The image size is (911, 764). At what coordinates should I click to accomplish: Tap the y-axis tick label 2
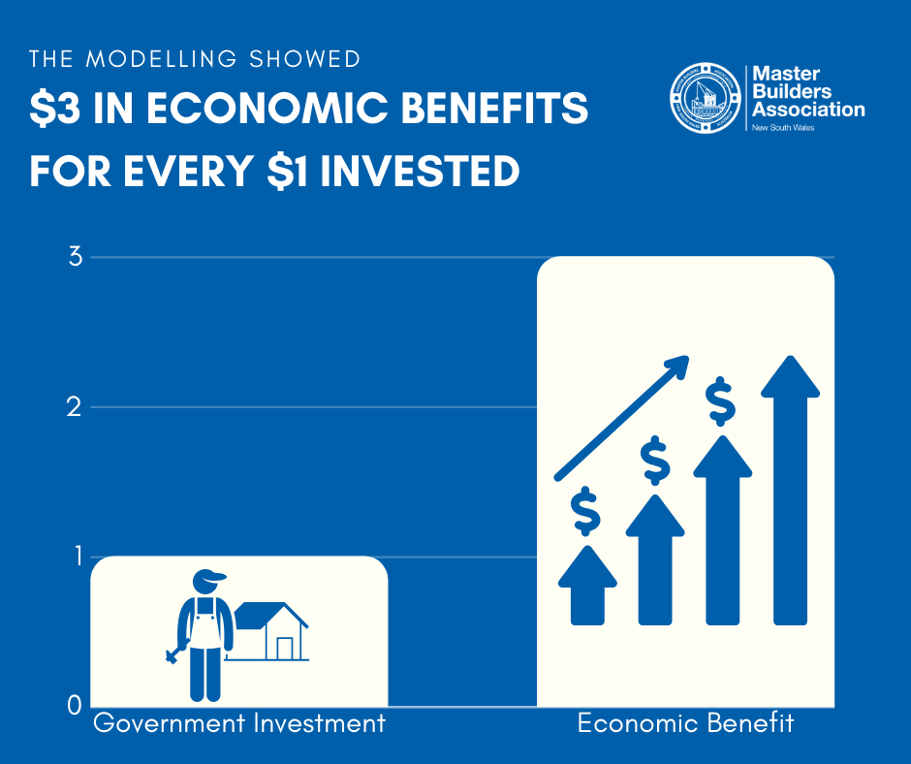tap(75, 408)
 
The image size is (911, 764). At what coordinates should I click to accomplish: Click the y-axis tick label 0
tap(75, 706)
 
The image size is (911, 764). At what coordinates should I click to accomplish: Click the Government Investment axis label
tap(238, 723)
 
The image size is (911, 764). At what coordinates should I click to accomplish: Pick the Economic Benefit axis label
tap(685, 723)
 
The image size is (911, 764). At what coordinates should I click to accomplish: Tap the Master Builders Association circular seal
tap(705, 97)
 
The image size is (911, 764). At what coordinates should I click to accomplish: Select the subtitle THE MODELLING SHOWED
tap(195, 59)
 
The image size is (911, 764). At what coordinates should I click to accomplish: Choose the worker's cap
tap(207, 578)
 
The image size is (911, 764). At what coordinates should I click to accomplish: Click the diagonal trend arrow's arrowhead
tap(677, 365)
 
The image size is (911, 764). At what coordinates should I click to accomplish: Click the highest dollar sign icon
tap(720, 401)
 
